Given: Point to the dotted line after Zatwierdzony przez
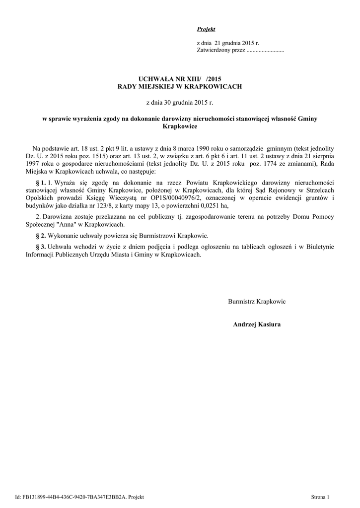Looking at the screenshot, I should click(x=265, y=51).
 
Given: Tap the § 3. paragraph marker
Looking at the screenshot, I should click(x=41, y=247).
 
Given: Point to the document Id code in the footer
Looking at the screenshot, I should click(x=72, y=497).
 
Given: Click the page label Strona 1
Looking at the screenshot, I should click(x=320, y=497).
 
